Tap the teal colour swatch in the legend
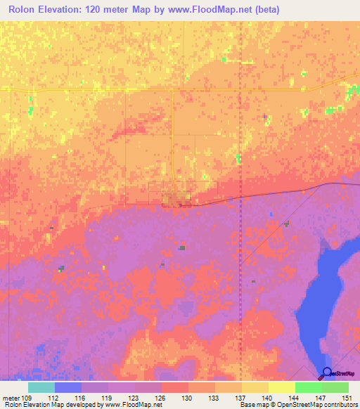[x=41, y=387]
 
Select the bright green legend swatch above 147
[x=309, y=387]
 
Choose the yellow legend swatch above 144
[x=282, y=387]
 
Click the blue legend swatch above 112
[x=68, y=387]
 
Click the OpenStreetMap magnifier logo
[x=327, y=373]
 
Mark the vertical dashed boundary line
[x=241, y=141]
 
